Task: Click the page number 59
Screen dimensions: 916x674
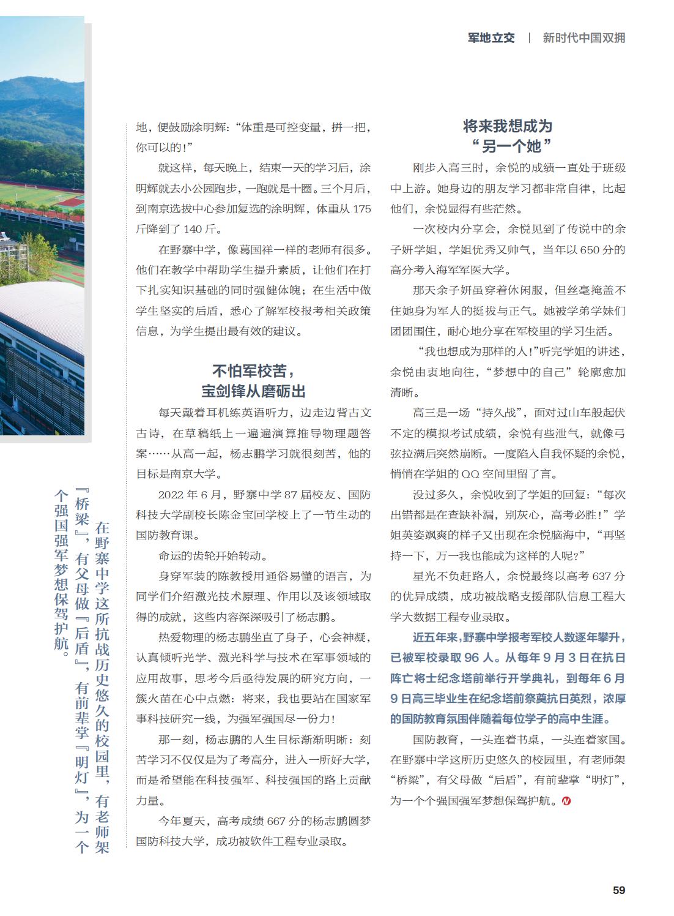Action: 618,890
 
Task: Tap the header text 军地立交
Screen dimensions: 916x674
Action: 491,38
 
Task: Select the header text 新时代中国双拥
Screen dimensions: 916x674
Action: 584,38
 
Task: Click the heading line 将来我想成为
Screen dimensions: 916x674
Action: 508,126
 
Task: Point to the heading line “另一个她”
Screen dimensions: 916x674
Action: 508,146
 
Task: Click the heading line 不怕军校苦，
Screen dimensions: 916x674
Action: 253,370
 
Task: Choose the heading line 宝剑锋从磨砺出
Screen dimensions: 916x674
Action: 253,391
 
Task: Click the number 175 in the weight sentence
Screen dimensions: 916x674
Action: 361,209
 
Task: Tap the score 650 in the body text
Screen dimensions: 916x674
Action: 590,250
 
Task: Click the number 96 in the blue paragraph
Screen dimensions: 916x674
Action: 472,658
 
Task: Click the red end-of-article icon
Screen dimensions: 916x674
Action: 566,800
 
